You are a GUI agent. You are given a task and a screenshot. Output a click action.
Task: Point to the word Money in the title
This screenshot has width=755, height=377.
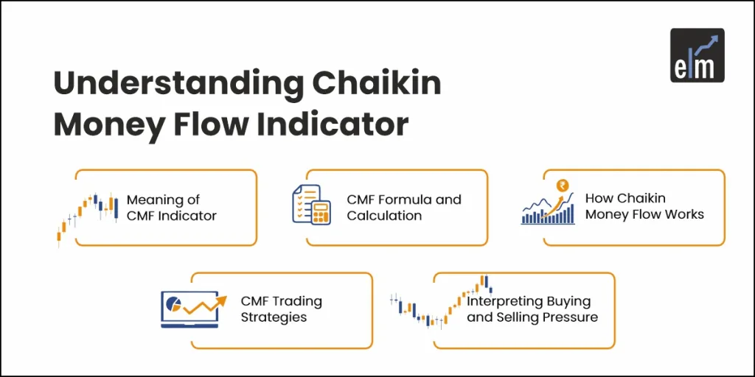(102, 124)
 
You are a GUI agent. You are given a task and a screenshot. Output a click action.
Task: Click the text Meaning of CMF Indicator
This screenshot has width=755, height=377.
(171, 208)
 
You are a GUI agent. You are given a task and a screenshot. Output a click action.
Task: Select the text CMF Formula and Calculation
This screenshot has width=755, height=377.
(403, 208)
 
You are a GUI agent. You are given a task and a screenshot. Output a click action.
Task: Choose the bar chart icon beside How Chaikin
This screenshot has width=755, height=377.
(548, 208)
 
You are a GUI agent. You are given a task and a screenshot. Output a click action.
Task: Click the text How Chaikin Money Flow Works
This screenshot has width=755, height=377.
(644, 206)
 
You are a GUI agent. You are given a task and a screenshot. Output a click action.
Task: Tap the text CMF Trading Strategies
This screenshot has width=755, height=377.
(281, 309)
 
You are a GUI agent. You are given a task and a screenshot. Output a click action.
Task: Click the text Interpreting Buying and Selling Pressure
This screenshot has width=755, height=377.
(532, 309)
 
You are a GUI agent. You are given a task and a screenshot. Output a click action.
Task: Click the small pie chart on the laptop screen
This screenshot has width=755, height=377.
(175, 303)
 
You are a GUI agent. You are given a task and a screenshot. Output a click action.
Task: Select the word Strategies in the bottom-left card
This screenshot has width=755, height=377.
(274, 317)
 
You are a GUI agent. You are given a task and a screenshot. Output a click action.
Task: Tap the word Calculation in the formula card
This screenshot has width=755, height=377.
(384, 216)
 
